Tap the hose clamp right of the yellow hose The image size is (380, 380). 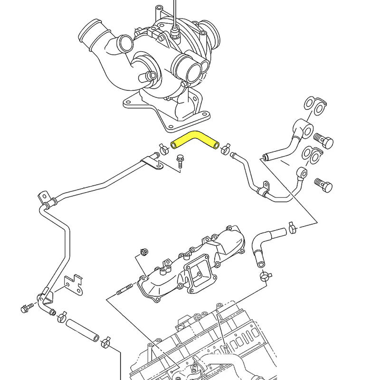[225, 148]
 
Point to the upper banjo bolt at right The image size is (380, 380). [325, 142]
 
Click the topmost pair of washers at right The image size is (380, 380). [314, 105]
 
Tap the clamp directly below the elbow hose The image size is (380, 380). [265, 275]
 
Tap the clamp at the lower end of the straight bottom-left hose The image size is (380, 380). [106, 341]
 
